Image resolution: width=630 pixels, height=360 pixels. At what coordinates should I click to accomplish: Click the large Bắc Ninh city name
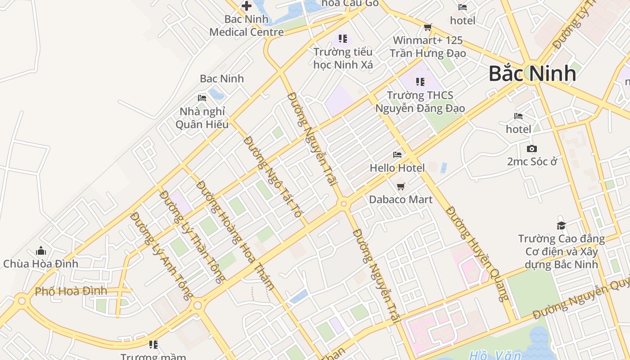click(x=532, y=74)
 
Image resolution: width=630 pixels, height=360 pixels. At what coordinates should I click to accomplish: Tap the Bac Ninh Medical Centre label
click(x=247, y=26)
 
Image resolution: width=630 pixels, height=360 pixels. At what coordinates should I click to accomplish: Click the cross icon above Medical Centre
click(x=247, y=6)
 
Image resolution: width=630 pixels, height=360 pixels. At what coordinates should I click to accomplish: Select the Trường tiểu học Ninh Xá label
click(x=343, y=58)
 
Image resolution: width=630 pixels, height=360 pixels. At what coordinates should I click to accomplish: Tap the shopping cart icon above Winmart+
click(x=427, y=27)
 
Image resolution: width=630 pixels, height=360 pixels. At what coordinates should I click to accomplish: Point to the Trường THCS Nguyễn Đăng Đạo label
click(x=420, y=102)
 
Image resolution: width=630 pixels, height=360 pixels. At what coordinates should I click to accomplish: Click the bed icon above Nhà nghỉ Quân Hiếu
click(x=202, y=98)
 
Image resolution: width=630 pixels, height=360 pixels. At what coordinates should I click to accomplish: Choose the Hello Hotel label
click(x=397, y=168)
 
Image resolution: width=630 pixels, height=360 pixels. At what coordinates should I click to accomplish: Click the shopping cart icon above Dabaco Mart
click(x=400, y=186)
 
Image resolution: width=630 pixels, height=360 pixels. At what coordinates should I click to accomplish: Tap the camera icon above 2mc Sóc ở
click(x=531, y=148)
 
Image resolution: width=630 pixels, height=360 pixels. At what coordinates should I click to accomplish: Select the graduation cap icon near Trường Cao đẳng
click(x=561, y=225)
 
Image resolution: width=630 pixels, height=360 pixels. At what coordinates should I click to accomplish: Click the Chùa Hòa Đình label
click(x=40, y=264)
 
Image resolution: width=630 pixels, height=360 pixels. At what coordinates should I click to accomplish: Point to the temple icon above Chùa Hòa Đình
click(x=41, y=251)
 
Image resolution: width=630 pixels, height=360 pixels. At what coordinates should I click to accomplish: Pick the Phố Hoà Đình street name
click(x=71, y=291)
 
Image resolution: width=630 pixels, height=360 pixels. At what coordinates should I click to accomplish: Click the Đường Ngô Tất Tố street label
click(x=272, y=177)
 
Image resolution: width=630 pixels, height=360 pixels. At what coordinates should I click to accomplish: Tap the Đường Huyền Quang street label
click(x=477, y=254)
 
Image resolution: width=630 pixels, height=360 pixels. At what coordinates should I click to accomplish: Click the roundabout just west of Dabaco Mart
click(x=344, y=204)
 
